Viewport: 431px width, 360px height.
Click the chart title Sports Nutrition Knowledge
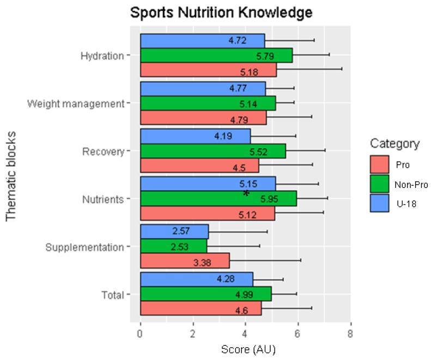(221, 13)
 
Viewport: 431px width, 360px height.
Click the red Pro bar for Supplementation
(185, 261)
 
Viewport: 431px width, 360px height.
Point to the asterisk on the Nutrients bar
(246, 194)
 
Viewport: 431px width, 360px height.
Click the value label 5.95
(270, 199)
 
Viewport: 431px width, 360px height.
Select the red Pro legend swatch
(379, 164)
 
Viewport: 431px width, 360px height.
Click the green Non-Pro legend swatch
(379, 184)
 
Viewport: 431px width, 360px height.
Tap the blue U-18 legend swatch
(379, 203)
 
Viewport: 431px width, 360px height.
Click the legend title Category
(394, 144)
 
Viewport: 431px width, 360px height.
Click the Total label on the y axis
(113, 295)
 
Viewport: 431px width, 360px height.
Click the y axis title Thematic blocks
(11, 175)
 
